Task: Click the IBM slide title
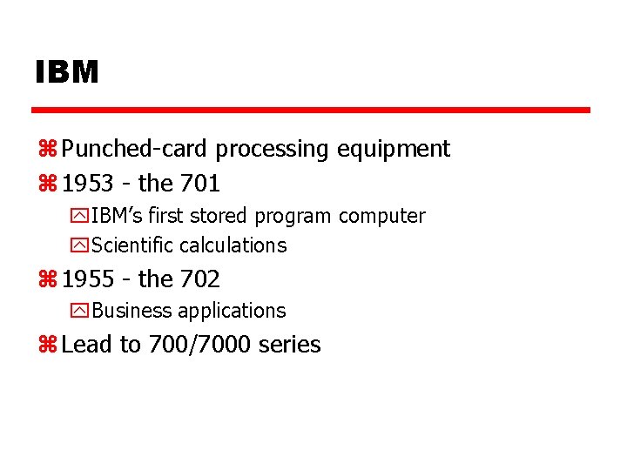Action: point(67,72)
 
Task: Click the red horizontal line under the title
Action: point(311,111)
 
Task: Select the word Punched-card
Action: point(136,150)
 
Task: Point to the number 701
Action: point(200,184)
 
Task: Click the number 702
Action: point(200,279)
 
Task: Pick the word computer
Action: point(381,216)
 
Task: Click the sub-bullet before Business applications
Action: point(81,311)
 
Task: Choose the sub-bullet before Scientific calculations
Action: point(81,246)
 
